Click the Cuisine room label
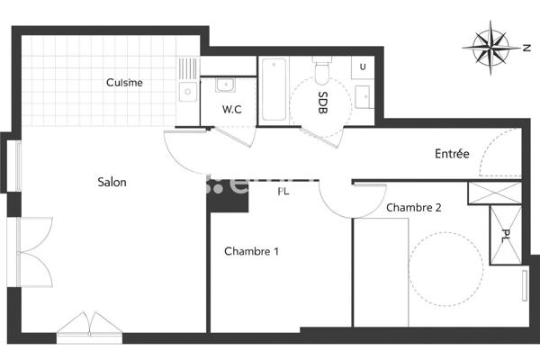point(124,83)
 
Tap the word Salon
point(112,182)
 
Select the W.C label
point(232,110)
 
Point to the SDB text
point(322,102)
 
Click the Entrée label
point(452,154)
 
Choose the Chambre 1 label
point(251,251)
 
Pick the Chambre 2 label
point(413,207)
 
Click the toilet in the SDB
point(322,71)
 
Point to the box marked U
point(362,67)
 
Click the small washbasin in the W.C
point(225,85)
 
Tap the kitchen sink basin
point(188,91)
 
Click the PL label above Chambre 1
point(283,191)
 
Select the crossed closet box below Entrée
point(493,192)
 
